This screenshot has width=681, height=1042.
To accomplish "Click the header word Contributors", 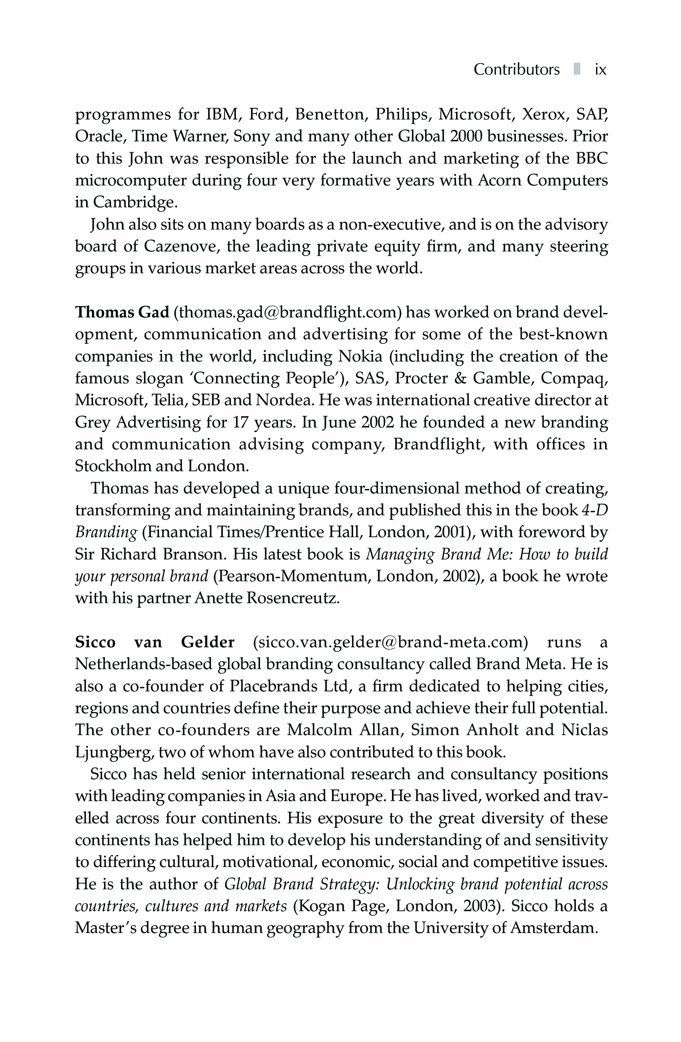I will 516,70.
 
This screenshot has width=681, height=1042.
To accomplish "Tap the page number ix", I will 600,70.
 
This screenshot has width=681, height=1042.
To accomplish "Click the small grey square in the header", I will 577,69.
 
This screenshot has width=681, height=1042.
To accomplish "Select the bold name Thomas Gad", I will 122,312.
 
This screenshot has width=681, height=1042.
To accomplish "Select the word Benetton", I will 328,114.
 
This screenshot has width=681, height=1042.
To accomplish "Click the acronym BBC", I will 592,158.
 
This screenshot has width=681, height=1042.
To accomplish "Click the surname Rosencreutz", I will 293,598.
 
